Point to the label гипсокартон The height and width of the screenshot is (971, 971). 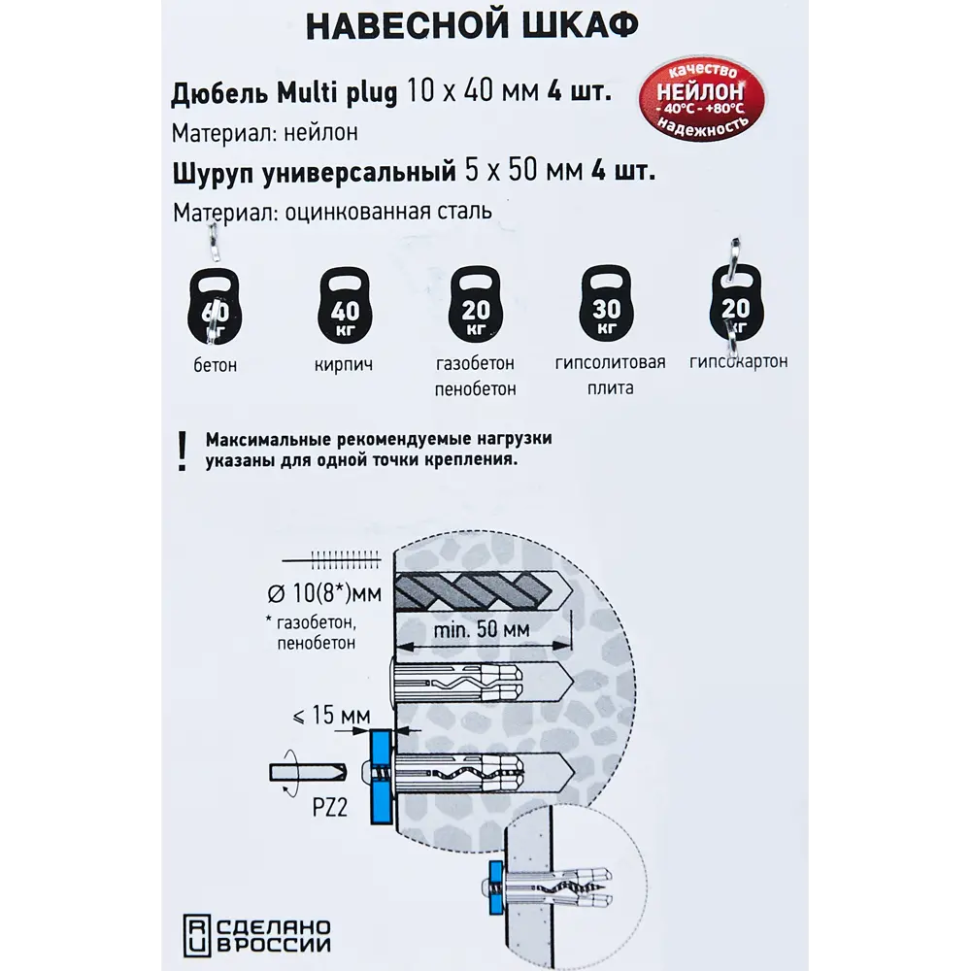(x=738, y=361)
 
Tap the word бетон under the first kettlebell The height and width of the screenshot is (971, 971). (x=214, y=366)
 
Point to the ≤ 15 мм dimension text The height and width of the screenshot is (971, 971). (x=330, y=717)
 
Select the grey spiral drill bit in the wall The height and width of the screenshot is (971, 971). (x=466, y=589)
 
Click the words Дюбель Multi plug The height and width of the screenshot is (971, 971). (x=285, y=94)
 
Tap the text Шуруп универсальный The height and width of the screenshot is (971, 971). (x=314, y=172)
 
